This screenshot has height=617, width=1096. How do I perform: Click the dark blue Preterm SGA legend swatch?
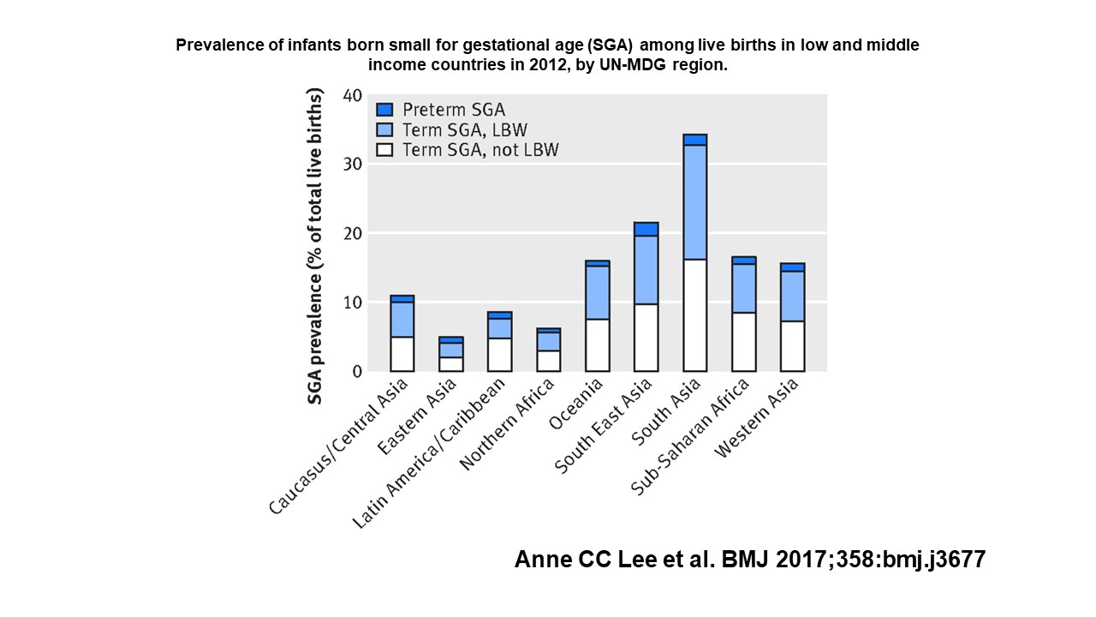(385, 110)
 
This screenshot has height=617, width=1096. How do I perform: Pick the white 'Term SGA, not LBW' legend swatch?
(385, 150)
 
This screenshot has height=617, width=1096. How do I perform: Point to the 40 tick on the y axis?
(353, 94)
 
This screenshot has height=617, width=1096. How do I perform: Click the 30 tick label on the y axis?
(353, 164)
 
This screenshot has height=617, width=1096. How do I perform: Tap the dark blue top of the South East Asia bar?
(646, 229)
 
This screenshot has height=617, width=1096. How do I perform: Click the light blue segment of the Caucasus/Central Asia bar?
(402, 320)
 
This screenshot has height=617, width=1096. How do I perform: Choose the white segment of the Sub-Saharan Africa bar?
(743, 342)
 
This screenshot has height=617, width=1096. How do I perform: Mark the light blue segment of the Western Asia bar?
(792, 297)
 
